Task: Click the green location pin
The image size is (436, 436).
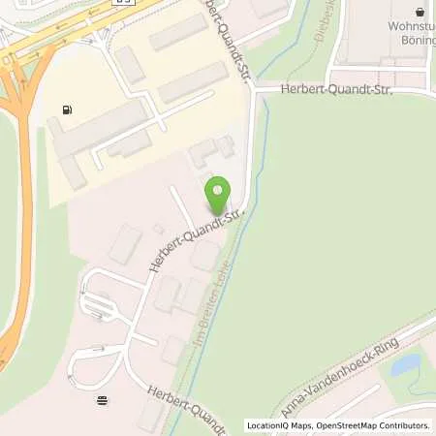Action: pyautogui.click(x=218, y=195)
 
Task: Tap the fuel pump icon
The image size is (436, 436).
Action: pyautogui.click(x=66, y=109)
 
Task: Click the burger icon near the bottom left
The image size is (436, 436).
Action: pyautogui.click(x=103, y=399)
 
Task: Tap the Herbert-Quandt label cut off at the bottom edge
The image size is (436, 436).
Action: pyautogui.click(x=187, y=410)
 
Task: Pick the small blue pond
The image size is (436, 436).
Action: pyautogui.click(x=405, y=364)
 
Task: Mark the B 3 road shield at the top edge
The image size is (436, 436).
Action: pyautogui.click(x=121, y=3)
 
